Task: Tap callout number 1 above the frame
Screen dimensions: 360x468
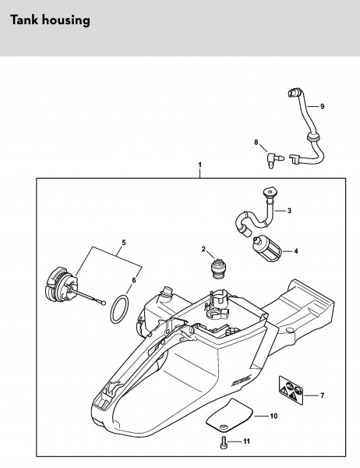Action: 199,165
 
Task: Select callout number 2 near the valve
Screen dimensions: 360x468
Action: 203,249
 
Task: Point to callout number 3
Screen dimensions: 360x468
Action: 289,211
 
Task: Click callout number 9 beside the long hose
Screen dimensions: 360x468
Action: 322,106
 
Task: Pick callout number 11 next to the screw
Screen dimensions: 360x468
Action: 246,441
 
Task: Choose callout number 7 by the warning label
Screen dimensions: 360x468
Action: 322,395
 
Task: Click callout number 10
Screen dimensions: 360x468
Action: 274,416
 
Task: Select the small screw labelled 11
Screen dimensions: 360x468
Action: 223,441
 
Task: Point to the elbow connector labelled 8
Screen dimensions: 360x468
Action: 274,160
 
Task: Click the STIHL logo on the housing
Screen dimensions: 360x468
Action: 241,381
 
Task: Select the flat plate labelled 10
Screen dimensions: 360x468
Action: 230,413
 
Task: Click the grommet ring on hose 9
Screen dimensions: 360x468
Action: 311,138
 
